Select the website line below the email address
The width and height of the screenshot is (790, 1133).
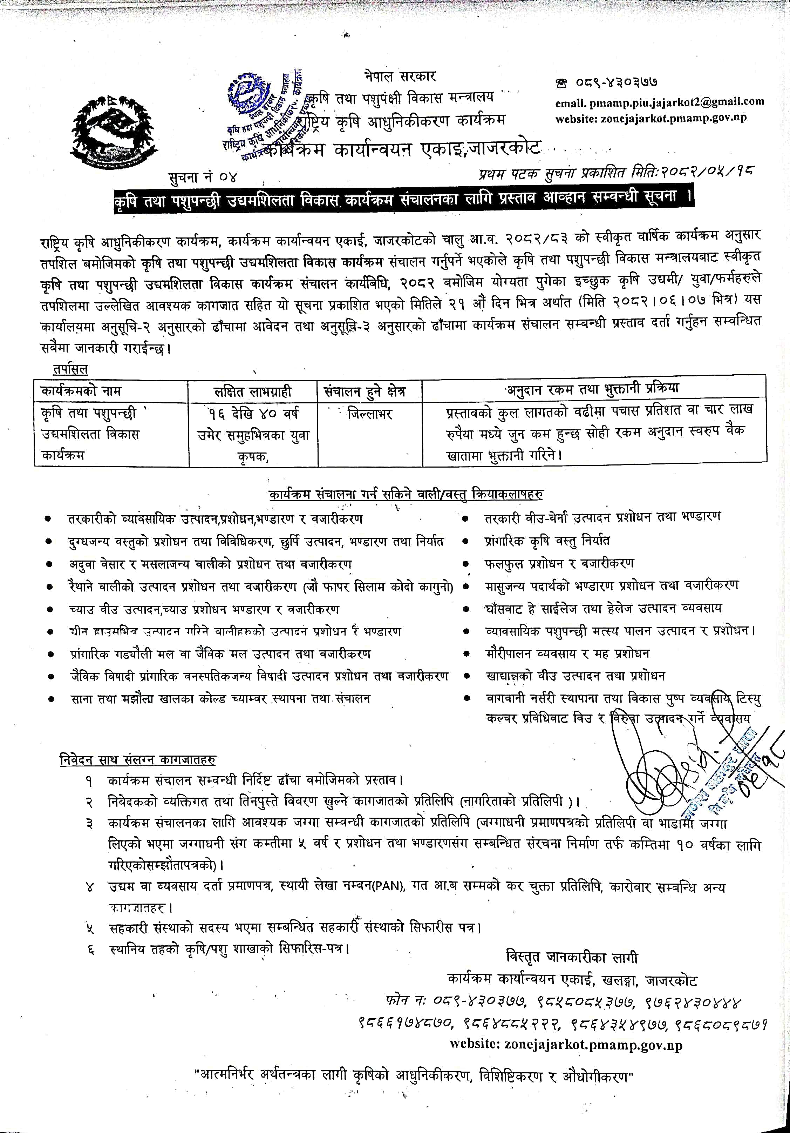coord(651,118)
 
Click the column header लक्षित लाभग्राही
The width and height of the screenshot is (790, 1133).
coord(252,392)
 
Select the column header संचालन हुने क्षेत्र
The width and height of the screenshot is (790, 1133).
coord(365,392)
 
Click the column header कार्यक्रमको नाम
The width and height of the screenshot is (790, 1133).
coord(81,391)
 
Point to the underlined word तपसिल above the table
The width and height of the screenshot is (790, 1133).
coord(70,369)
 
